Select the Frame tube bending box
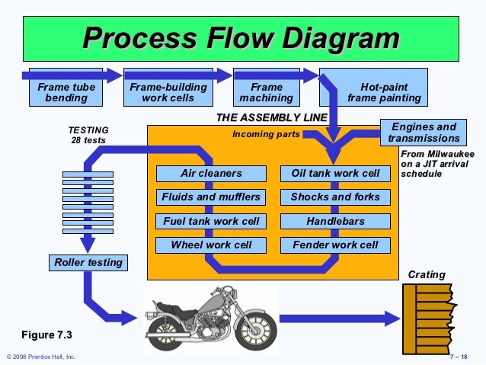tap(66, 92)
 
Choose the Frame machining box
tap(266, 92)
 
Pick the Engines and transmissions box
tap(424, 133)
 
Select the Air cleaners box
tap(211, 174)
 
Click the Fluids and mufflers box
tap(211, 197)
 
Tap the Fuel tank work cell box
tap(211, 222)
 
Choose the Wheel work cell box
tap(211, 245)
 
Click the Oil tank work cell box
tap(335, 174)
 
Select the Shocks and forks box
tap(335, 197)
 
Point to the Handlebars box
tap(335, 222)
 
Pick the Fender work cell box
tap(335, 245)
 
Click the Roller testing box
tap(88, 263)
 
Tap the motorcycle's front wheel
tap(247, 329)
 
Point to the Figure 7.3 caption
tap(51, 335)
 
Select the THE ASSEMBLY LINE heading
tap(272, 117)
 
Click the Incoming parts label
tap(266, 135)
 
